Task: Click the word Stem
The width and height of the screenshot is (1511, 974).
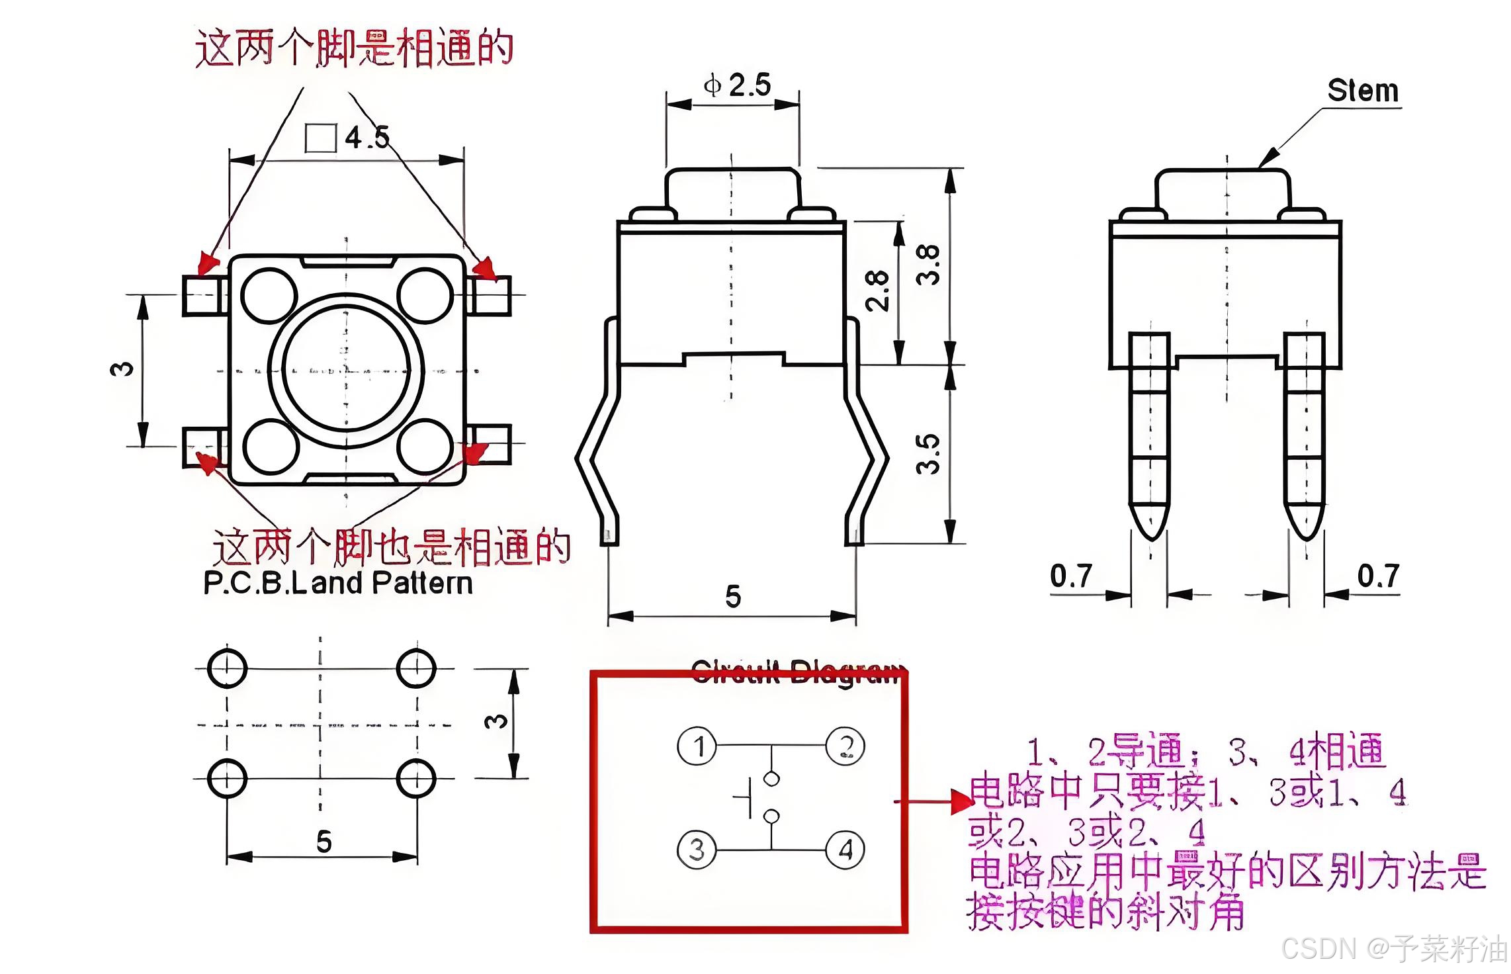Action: click(1362, 91)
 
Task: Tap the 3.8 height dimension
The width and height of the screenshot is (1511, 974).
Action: click(928, 264)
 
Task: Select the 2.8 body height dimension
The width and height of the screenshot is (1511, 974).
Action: click(877, 290)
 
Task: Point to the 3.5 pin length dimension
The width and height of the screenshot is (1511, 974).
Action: click(928, 454)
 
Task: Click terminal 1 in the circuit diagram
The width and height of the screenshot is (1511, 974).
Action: click(697, 746)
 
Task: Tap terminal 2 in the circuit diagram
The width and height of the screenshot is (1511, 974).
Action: click(845, 746)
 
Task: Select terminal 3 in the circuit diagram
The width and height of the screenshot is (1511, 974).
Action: click(697, 850)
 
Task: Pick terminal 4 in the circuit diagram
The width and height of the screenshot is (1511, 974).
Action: click(845, 850)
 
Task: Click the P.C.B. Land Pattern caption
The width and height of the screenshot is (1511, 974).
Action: click(338, 584)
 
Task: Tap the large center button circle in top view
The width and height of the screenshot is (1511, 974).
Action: click(345, 369)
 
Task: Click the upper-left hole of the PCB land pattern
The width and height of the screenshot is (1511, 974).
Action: click(227, 668)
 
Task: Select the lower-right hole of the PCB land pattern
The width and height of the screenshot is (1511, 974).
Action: click(416, 779)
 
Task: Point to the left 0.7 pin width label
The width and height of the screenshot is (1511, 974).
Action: click(1071, 576)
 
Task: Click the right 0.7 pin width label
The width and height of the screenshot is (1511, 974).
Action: click(1378, 576)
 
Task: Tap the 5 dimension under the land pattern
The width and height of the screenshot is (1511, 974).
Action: click(324, 842)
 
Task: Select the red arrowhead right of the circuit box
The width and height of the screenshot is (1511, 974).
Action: click(962, 802)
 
